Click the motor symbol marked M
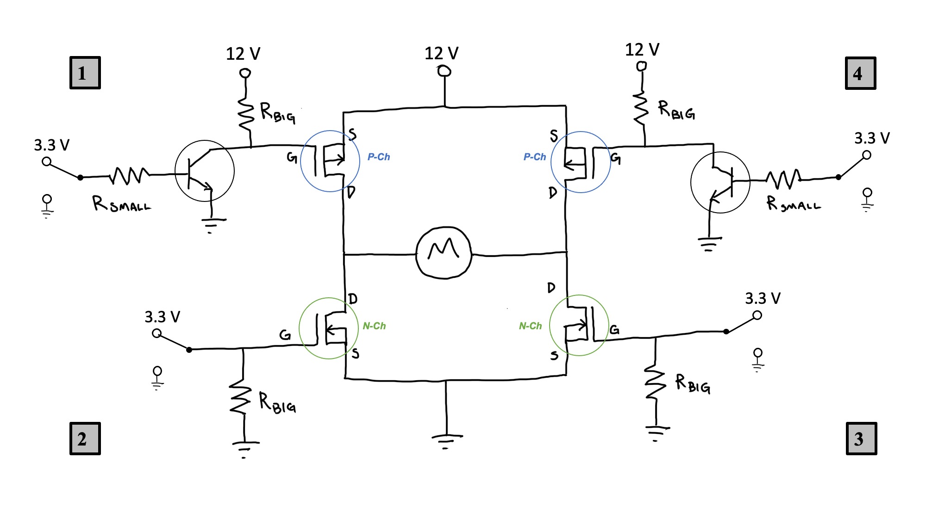[x=444, y=252]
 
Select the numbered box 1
[x=85, y=73]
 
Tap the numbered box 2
[x=85, y=438]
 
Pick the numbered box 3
[x=861, y=438]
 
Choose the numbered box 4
[x=860, y=73]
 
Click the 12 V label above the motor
[x=441, y=53]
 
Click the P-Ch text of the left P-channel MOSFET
[x=379, y=157]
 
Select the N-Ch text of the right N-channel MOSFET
[x=530, y=326]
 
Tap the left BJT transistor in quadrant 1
[x=205, y=171]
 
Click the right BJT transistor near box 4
[x=720, y=182]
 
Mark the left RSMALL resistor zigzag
[x=129, y=176]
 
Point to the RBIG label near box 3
[x=693, y=384]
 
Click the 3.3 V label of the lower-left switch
[x=162, y=317]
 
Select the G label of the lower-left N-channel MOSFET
[x=285, y=334]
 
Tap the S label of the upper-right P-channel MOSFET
[x=554, y=136]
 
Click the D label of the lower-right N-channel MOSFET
[x=551, y=288]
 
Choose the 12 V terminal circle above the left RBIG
[x=245, y=73]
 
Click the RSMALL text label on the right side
[x=793, y=204]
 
